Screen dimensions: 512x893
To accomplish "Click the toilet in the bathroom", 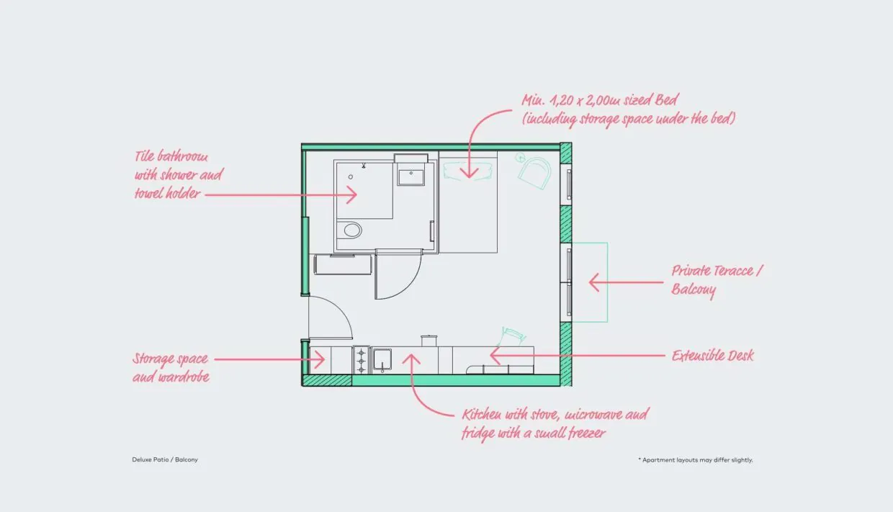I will [352, 230].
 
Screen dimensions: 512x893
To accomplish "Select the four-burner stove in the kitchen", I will [361, 360].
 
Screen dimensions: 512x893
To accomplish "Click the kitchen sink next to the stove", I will [381, 359].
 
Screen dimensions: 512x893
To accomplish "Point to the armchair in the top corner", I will [535, 172].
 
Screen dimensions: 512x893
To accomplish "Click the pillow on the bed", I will [468, 170].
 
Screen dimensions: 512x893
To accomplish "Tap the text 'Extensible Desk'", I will [712, 356].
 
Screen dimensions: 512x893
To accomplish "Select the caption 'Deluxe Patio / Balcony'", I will [165, 459].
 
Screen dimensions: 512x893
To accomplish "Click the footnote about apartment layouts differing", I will [695, 459].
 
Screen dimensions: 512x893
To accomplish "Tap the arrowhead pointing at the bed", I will [469, 174].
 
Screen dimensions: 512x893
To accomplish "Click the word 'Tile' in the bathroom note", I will [146, 157].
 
